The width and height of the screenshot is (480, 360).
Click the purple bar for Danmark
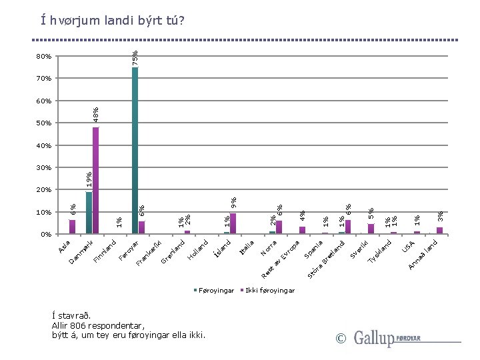point(95,180)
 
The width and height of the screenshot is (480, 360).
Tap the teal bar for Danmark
point(89,213)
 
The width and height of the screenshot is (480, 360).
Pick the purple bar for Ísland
point(233,224)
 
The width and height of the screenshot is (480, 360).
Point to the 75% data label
point(135,57)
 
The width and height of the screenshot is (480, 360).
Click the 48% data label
point(96,115)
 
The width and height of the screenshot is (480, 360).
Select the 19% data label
point(89,178)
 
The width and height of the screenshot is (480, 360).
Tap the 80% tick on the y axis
point(43,57)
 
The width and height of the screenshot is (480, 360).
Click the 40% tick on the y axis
point(43,145)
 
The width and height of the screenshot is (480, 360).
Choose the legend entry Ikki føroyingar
point(269,291)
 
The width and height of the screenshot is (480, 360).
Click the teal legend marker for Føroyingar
point(196,291)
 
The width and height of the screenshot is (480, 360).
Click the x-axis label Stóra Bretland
point(326,259)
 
